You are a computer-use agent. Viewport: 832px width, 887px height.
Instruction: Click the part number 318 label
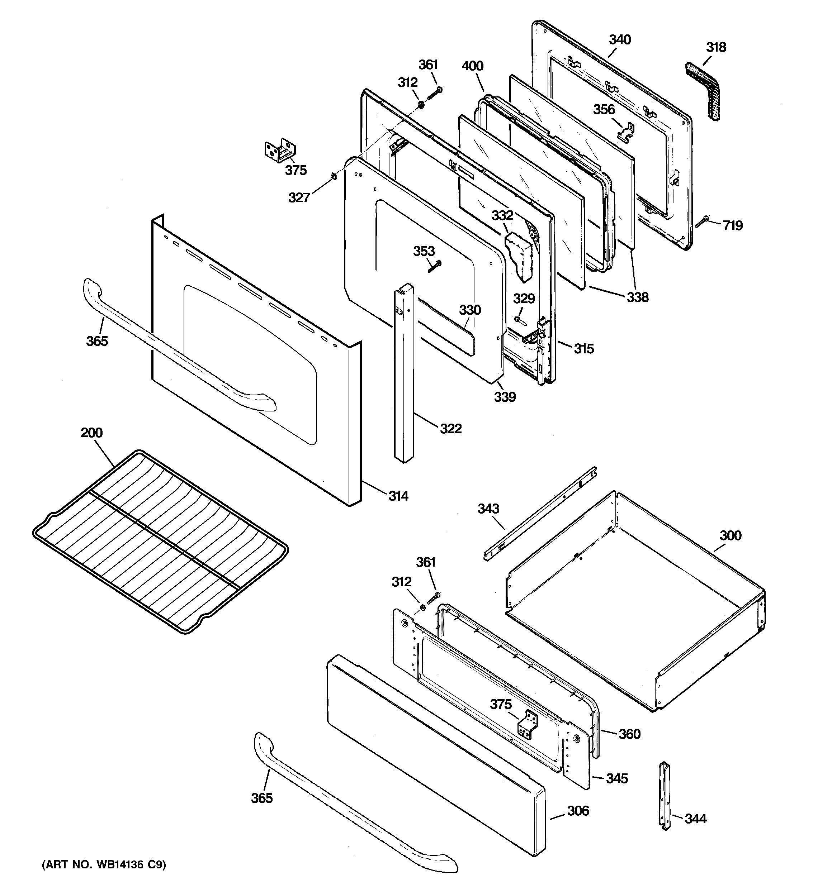tap(716, 47)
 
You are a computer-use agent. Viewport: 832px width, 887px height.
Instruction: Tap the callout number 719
tap(732, 225)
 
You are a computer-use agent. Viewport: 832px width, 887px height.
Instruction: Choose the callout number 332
tap(502, 215)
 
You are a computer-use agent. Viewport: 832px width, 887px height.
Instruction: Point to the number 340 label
tap(620, 40)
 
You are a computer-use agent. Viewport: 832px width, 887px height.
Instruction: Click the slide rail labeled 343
tap(540, 513)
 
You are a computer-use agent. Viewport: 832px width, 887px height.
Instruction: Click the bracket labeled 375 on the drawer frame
tap(528, 725)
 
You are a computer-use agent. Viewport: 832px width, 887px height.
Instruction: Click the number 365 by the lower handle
tap(261, 798)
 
